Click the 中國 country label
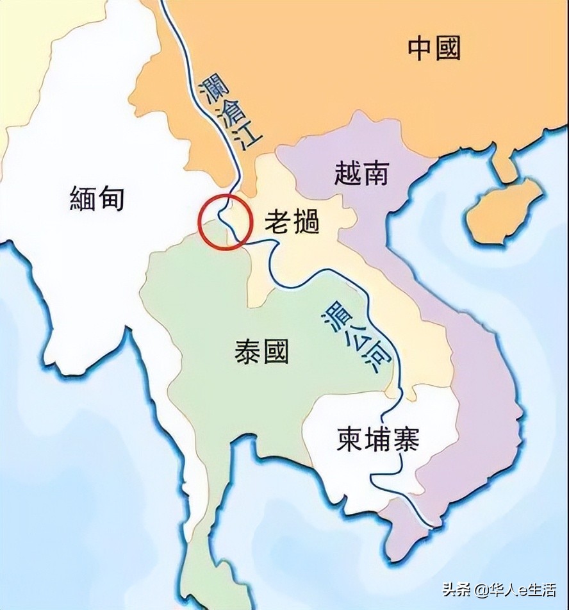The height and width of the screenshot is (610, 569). click(x=434, y=47)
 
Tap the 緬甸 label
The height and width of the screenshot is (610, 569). click(x=97, y=199)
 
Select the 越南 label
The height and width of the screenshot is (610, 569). click(x=361, y=173)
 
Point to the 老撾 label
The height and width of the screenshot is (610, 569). click(x=292, y=222)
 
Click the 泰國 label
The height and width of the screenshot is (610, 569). click(x=261, y=351)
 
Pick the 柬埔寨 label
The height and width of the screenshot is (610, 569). click(x=378, y=440)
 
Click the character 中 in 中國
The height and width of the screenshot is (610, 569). click(x=422, y=47)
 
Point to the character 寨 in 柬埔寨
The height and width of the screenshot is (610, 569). click(x=406, y=440)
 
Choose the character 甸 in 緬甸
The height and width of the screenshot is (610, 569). click(x=111, y=199)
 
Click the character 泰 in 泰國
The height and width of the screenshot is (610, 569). click(x=248, y=351)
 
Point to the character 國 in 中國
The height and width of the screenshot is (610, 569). click(x=448, y=47)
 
